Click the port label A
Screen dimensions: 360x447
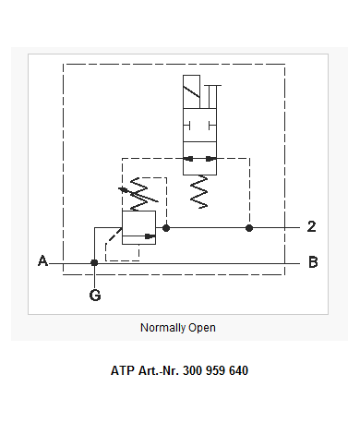point(43,260)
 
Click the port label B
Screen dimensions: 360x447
point(313,262)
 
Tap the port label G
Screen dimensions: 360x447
point(95,296)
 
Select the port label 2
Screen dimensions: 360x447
point(312,226)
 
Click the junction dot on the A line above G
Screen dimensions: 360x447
point(94,262)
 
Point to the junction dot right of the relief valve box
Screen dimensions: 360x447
point(166,228)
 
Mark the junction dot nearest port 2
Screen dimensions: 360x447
point(249,228)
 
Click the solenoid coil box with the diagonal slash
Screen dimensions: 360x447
point(191,91)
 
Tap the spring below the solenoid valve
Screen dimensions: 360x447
point(199,191)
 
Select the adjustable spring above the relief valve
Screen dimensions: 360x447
point(139,194)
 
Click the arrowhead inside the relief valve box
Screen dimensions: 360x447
point(150,236)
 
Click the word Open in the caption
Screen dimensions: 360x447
point(202,328)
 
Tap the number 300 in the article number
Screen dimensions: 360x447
point(192,370)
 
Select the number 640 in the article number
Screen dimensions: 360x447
point(238,370)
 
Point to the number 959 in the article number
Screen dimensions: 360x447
point(215,370)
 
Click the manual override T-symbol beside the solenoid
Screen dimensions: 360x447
point(212,97)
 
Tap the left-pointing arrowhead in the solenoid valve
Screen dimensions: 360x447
point(188,159)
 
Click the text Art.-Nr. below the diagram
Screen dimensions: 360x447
point(159,370)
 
